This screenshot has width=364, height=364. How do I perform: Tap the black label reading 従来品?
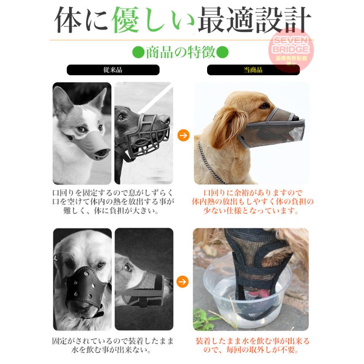point(113,70)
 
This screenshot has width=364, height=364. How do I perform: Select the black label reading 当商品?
point(253,70)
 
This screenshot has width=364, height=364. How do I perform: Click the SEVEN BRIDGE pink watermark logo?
point(291,49)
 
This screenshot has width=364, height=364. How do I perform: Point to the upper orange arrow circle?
point(183,135)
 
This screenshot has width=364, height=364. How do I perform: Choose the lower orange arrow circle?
point(182,282)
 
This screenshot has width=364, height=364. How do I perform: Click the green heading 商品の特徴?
point(180,52)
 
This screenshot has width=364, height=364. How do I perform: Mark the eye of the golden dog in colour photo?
point(265,106)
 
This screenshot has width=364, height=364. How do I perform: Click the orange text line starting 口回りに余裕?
point(253,193)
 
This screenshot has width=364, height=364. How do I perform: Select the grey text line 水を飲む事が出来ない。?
point(112,349)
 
